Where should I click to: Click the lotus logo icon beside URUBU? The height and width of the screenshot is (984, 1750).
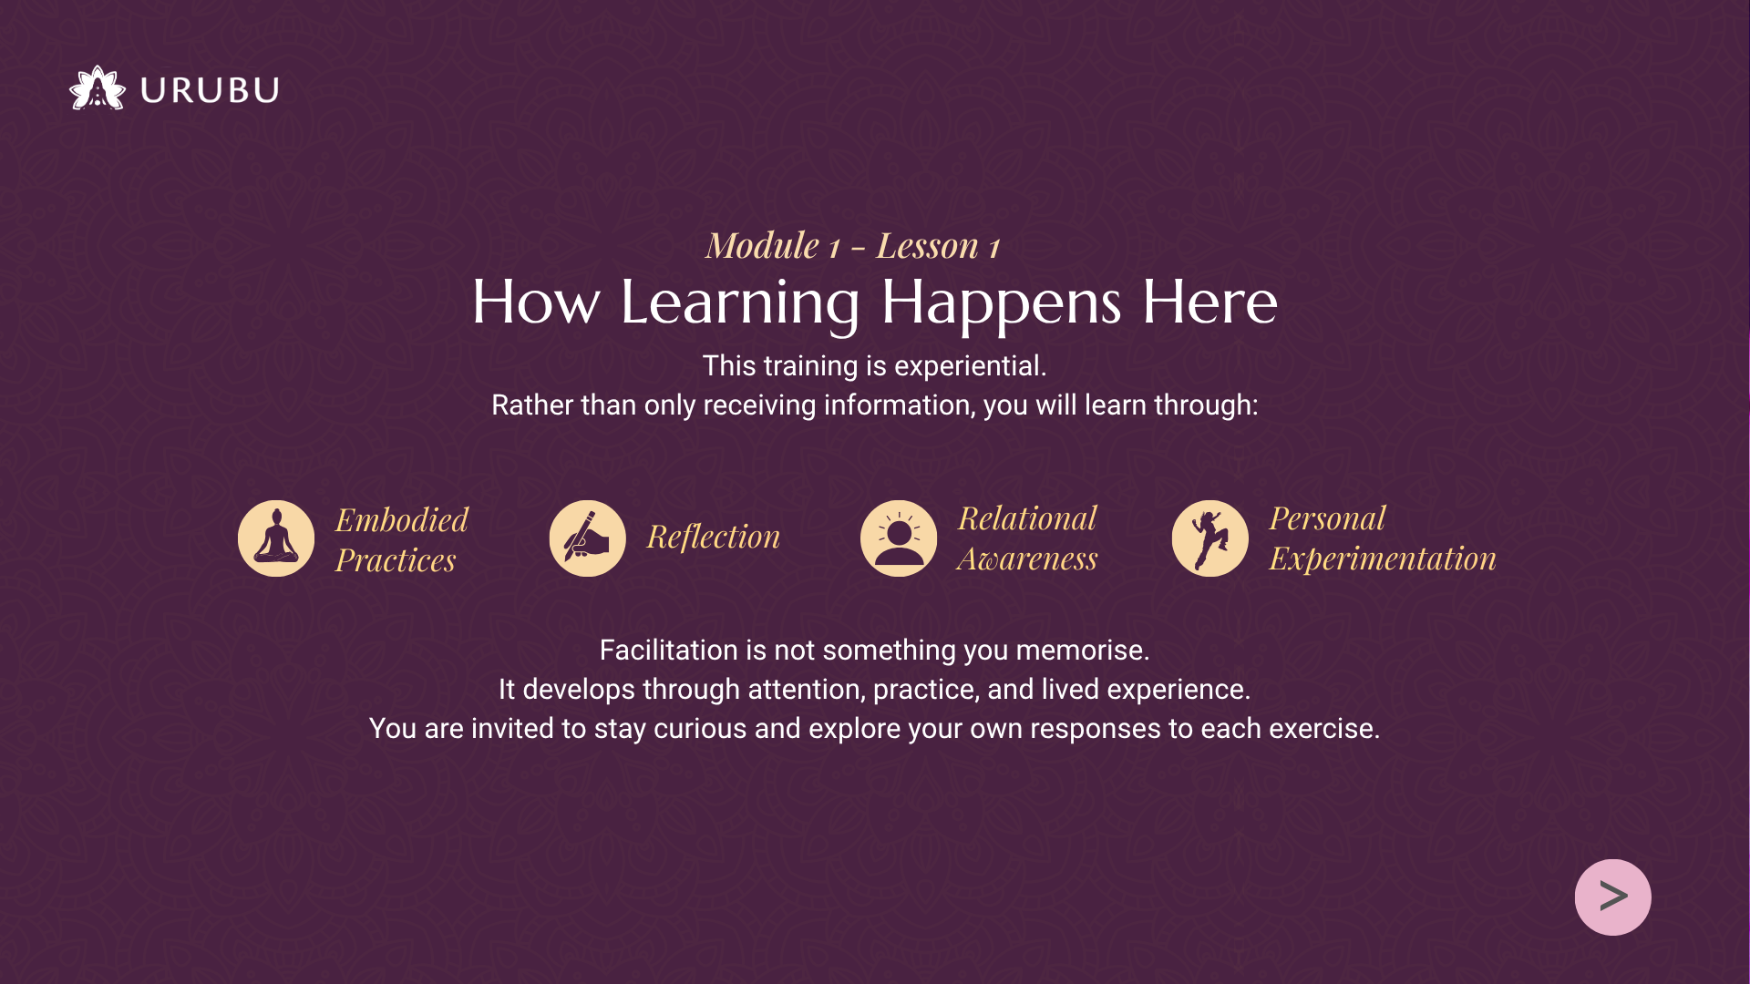pos(98,88)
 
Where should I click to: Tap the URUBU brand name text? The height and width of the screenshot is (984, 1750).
pos(210,90)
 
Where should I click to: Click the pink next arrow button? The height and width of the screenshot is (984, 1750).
pos(1612,897)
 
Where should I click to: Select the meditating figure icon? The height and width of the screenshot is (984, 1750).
pos(276,538)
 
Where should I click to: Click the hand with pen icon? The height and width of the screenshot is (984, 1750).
pos(588,538)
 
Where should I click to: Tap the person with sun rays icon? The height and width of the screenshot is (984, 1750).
pos(899,538)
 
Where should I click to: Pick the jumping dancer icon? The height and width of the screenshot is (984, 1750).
pos(1210,538)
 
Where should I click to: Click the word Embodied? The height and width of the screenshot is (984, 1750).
pos(402,520)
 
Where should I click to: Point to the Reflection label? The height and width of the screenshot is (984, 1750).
pos(714,538)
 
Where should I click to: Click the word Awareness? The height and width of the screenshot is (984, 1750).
pos(1027,559)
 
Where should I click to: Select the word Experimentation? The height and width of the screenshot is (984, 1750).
pos(1383,559)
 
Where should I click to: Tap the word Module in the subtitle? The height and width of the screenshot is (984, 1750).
pos(763,246)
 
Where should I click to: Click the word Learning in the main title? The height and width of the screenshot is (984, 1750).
pos(740,303)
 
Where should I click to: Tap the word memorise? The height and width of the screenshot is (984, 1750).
pos(1083,651)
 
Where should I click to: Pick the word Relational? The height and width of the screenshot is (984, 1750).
pos(1027,518)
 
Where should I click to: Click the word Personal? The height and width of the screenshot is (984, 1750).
pos(1327,518)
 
